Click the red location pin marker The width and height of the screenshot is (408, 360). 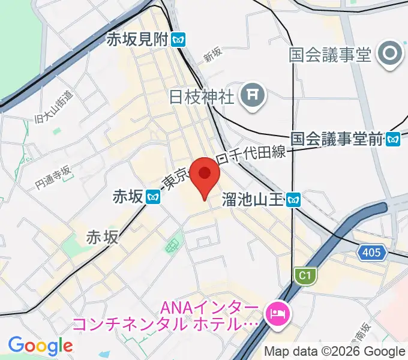(x=205, y=175)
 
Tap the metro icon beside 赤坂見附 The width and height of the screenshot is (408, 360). (x=178, y=40)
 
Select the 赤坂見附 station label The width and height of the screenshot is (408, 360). (x=137, y=40)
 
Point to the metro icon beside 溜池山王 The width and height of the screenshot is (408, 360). (x=293, y=199)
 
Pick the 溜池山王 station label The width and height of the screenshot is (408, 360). (x=253, y=199)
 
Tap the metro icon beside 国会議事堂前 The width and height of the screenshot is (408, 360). (x=394, y=139)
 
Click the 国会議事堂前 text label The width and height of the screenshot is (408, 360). (x=337, y=139)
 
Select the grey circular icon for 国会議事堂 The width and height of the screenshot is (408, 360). (x=391, y=55)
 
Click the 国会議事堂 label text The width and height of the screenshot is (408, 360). (x=330, y=55)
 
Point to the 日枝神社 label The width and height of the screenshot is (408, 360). (x=201, y=97)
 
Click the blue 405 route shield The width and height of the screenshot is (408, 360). (x=371, y=253)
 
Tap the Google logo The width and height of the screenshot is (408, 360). (x=40, y=346)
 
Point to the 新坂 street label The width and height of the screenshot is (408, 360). (x=212, y=55)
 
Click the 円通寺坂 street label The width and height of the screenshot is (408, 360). (x=53, y=178)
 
